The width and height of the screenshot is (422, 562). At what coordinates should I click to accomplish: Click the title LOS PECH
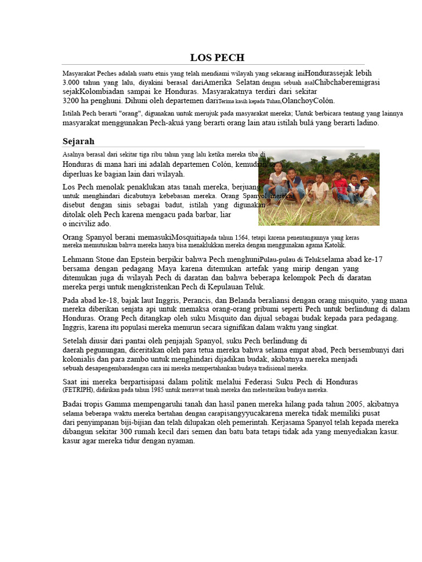pos(217,58)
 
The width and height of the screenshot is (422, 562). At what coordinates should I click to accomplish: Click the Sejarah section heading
pos(79,141)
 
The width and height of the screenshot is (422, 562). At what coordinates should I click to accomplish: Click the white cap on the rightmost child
pos(364,179)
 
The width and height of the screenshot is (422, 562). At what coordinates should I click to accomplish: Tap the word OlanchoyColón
pos(308,101)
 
